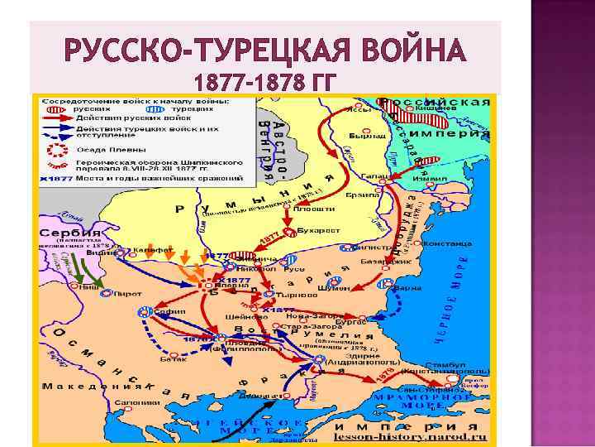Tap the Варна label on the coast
point(406,289)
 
